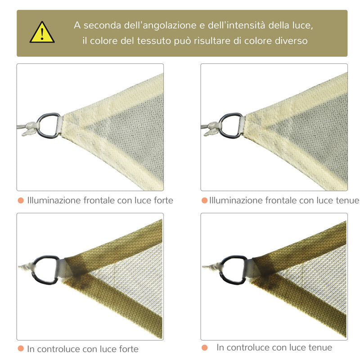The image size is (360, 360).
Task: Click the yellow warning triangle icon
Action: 42,33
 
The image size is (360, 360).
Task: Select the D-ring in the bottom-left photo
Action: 45,270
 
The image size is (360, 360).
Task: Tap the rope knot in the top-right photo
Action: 211,129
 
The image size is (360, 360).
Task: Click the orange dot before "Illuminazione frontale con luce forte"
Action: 21,200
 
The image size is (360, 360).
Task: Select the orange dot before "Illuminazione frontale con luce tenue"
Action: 204,200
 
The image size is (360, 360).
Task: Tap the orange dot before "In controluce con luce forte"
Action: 21,349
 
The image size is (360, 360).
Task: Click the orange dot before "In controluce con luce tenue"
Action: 205,347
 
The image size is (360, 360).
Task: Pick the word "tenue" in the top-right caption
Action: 347,200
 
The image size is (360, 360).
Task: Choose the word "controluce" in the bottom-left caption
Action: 59,349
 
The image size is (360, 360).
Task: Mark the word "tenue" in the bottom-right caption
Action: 320,347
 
